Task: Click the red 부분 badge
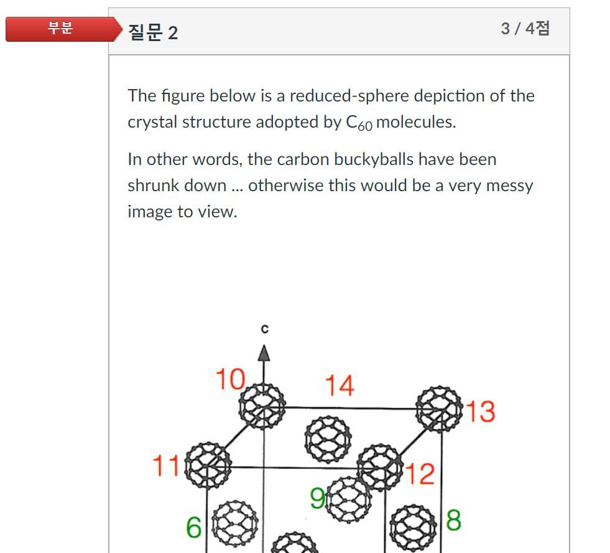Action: point(61,29)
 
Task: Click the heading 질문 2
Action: point(153,32)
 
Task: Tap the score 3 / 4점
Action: point(525,29)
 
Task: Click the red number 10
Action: point(229,379)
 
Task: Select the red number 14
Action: point(340,385)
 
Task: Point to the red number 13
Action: point(480,412)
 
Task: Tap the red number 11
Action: point(166,466)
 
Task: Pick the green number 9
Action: point(317,498)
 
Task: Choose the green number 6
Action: point(193,528)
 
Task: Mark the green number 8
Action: point(453,520)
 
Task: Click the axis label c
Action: point(265,329)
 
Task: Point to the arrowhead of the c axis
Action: point(264,353)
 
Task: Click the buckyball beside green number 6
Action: point(234,522)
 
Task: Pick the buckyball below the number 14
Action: point(328,440)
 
